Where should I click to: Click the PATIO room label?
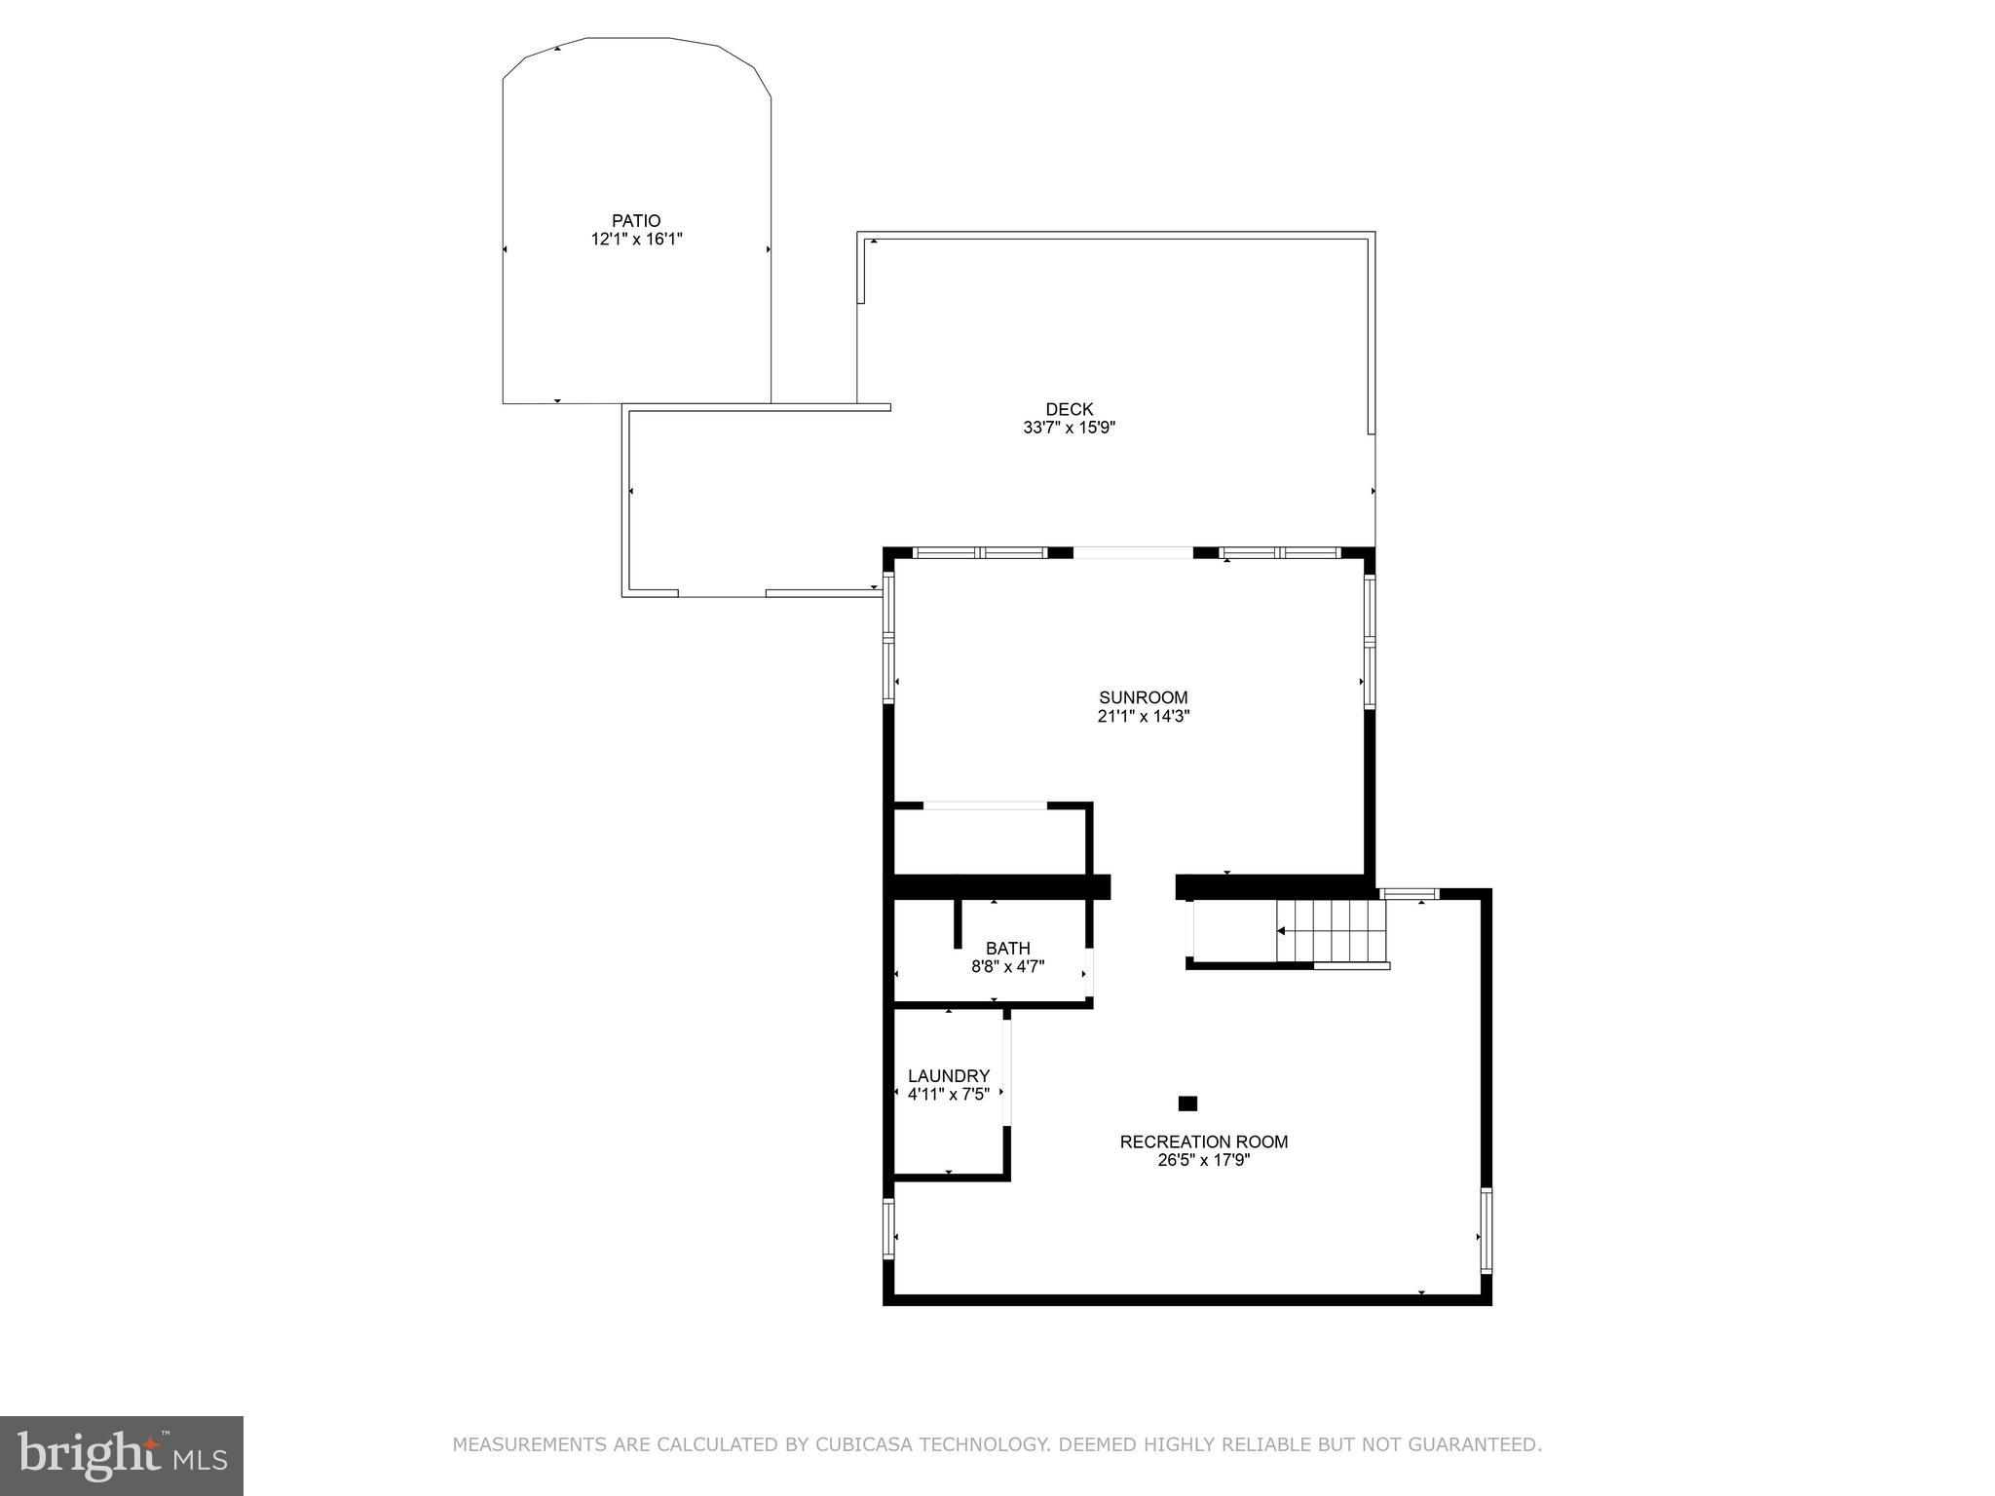(x=635, y=221)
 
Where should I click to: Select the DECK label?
(x=1069, y=409)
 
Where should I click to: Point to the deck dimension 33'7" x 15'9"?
(x=1069, y=428)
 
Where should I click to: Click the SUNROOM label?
(x=1143, y=697)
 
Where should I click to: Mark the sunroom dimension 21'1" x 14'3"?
(x=1143, y=716)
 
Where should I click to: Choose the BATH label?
(x=1007, y=949)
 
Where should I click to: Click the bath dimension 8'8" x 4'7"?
(x=1007, y=967)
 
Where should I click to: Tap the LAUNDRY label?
(x=948, y=1076)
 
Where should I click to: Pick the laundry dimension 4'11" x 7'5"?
(x=948, y=1094)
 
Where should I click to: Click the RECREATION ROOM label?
(x=1203, y=1141)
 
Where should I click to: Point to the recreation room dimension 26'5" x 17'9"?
(x=1203, y=1160)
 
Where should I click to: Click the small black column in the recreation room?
(x=1187, y=1103)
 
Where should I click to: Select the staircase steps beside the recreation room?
(x=1331, y=931)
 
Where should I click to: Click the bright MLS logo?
(x=121, y=1455)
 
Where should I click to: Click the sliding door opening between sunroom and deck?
(x=1132, y=553)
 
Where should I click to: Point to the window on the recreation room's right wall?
(x=1486, y=1230)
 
